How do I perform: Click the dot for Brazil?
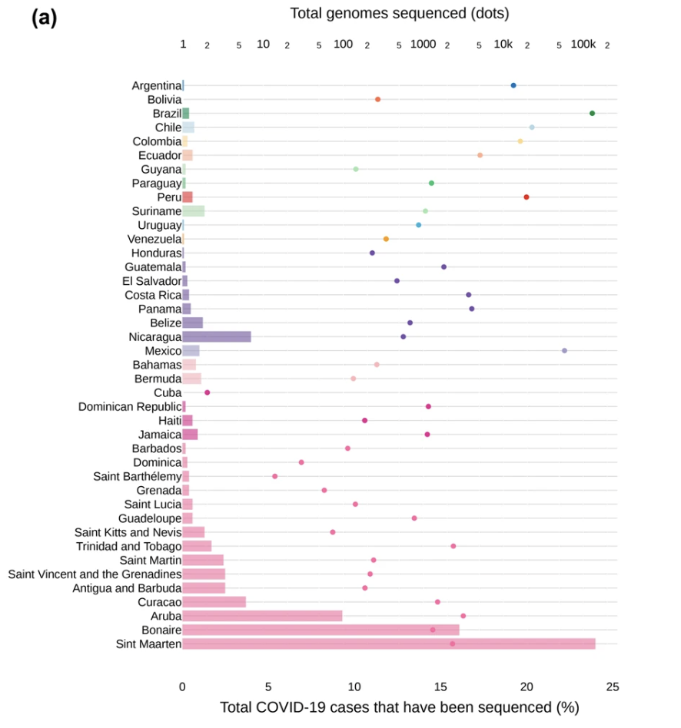(592, 114)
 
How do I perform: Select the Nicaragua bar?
(217, 336)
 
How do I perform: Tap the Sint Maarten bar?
(388, 644)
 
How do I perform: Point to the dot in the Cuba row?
(207, 392)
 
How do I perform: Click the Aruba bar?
(262, 616)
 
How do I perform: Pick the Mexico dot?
(564, 350)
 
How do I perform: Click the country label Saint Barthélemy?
(137, 476)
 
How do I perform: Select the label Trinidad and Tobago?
(128, 546)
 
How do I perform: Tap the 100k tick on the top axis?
(583, 45)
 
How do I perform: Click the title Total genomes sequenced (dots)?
(399, 13)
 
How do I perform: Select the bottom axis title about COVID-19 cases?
(399, 707)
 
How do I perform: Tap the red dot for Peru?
(527, 197)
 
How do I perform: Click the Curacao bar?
(214, 602)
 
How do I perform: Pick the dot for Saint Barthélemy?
(274, 476)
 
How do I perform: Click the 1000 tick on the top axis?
(423, 45)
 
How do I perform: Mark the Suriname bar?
(193, 211)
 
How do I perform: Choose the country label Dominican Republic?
(129, 406)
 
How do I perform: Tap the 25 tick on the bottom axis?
(612, 687)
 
